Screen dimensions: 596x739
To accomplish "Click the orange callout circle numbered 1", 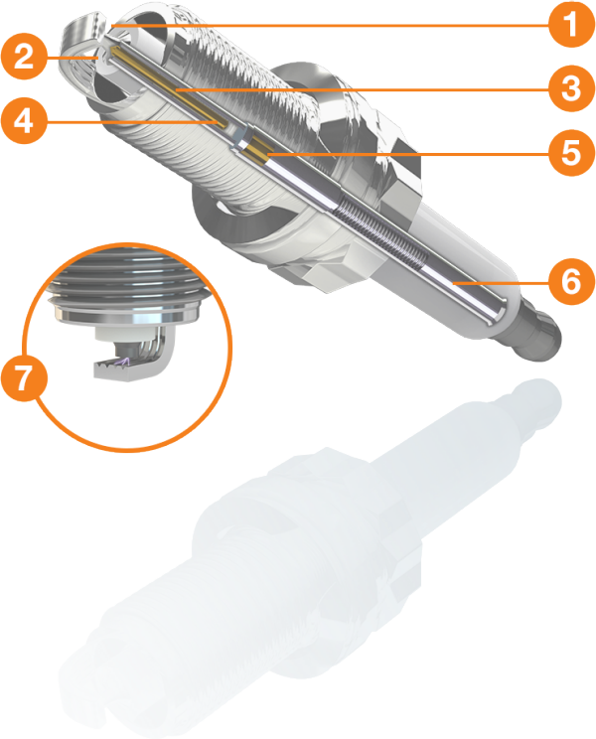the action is tap(571, 24).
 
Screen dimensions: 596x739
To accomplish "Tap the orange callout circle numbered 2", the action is tap(24, 57).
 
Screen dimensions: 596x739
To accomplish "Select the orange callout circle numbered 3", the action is tap(571, 88).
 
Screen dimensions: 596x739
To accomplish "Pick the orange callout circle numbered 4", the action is tap(24, 120).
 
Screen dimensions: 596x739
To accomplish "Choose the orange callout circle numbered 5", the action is tap(571, 153).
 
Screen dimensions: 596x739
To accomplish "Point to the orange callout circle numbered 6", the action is tap(571, 281).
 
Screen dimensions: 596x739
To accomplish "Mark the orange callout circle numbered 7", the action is tap(24, 377).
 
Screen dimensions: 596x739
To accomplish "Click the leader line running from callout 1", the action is tap(330, 25).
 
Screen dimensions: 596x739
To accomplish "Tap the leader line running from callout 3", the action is tap(362, 88).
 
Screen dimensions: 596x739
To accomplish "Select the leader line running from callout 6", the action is tap(501, 283).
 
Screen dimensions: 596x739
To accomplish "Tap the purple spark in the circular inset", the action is tap(123, 362).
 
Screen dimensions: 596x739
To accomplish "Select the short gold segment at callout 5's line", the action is tap(256, 151).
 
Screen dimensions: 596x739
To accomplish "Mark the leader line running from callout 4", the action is tap(132, 122).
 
